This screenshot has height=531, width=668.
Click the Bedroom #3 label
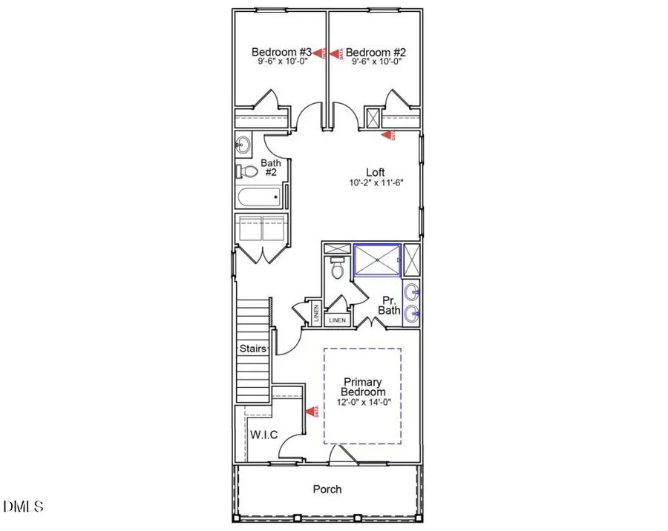click(281, 52)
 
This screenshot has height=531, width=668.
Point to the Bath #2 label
click(269, 168)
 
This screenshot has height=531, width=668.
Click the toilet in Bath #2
click(246, 171)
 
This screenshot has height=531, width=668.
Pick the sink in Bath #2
click(243, 144)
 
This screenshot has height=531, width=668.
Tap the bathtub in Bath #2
click(260, 197)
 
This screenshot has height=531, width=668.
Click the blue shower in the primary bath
click(377, 260)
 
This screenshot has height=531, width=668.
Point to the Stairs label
click(252, 348)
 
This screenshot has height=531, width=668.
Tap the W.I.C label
click(264, 435)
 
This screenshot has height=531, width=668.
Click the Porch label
click(327, 489)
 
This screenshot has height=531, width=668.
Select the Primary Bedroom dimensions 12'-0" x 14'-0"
click(363, 402)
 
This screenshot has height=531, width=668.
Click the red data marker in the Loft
click(387, 135)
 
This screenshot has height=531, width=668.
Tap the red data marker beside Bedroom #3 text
click(320, 53)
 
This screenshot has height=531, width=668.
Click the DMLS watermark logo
click(23, 507)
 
